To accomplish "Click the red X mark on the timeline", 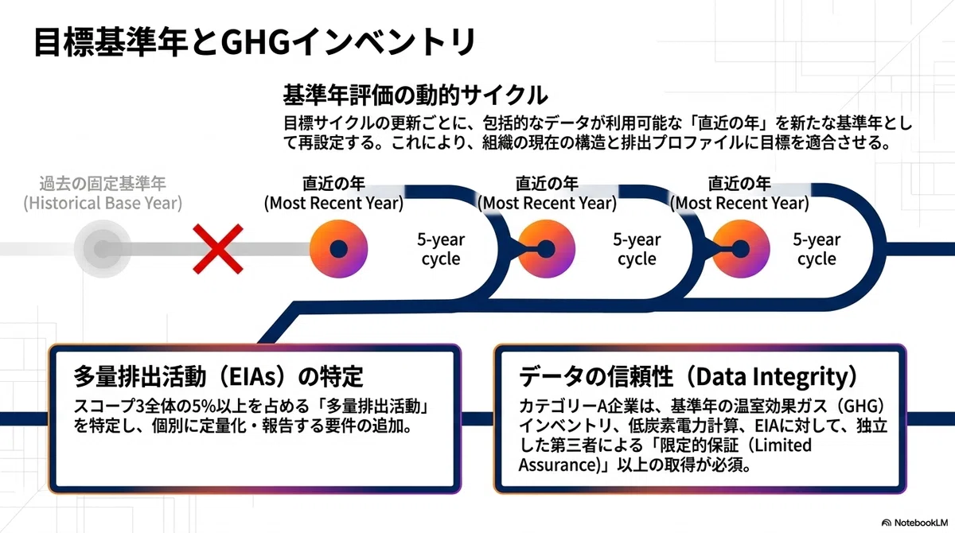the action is point(218,249).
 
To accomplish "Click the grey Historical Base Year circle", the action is point(103,249).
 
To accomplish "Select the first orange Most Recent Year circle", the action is point(338,249).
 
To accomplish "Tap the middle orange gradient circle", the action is point(546,249).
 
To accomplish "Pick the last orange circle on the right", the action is point(741,249).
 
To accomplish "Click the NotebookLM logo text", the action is point(921,523).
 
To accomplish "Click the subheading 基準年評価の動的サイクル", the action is point(415,95).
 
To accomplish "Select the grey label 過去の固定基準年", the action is point(103,183).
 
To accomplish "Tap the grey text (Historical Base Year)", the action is point(103,203).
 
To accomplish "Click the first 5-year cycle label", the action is point(441,249).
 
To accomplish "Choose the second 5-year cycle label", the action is point(637,249).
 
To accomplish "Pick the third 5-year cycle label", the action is point(817,249).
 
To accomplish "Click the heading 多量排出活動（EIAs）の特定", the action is point(218,376).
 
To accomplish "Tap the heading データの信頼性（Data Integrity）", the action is point(689,376).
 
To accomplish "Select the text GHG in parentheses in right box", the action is point(861,406).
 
